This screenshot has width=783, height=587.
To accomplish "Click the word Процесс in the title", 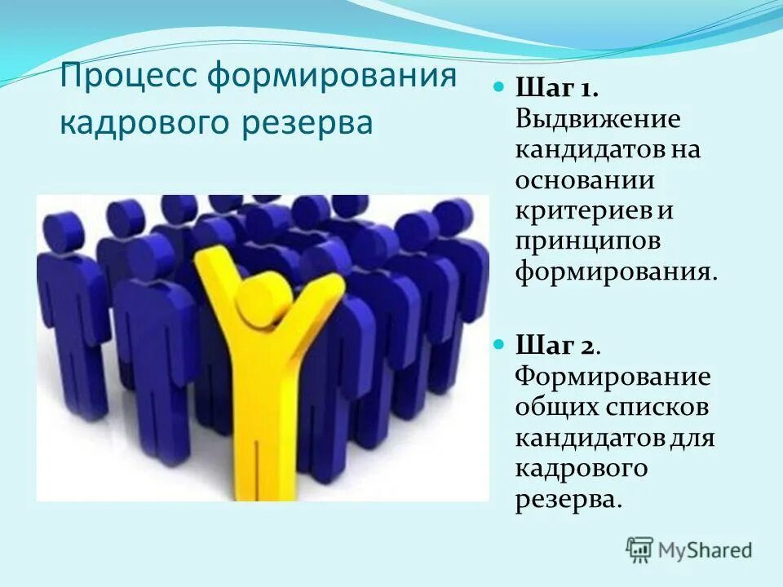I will click(130, 80).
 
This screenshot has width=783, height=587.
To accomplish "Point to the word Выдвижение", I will click(597, 119).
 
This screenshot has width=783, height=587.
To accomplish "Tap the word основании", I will click(585, 180).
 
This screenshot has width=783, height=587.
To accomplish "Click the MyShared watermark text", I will click(706, 550).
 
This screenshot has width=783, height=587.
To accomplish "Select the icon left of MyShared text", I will click(639, 550).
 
